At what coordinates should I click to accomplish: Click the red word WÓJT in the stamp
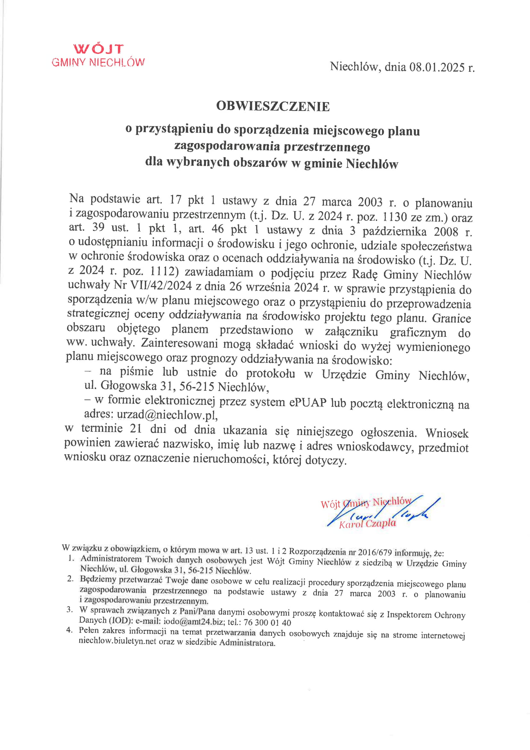click(x=99, y=49)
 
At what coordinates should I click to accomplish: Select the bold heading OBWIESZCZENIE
click(x=273, y=107)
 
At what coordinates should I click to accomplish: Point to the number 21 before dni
click(x=136, y=429)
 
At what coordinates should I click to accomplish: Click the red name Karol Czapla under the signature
click(x=368, y=524)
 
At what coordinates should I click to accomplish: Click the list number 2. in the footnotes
click(x=70, y=579)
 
